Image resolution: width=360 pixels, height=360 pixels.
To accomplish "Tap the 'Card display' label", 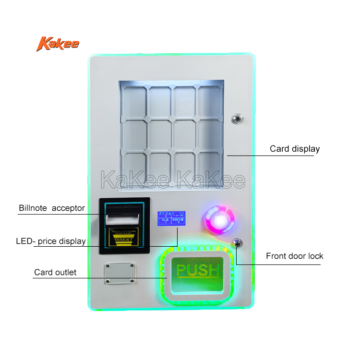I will [294, 149].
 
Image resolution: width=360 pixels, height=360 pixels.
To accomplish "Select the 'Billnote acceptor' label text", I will [52, 208].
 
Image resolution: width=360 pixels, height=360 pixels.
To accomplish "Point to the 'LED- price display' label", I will [50, 241].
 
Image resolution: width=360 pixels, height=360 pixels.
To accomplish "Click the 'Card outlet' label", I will [55, 272].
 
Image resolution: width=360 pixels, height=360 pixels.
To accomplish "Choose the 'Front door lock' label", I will [294, 256].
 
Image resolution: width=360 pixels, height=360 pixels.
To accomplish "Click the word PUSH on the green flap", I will [198, 270].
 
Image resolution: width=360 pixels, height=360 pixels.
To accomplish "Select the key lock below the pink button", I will [237, 243].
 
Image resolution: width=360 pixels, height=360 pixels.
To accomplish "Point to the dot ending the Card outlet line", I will [166, 278].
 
